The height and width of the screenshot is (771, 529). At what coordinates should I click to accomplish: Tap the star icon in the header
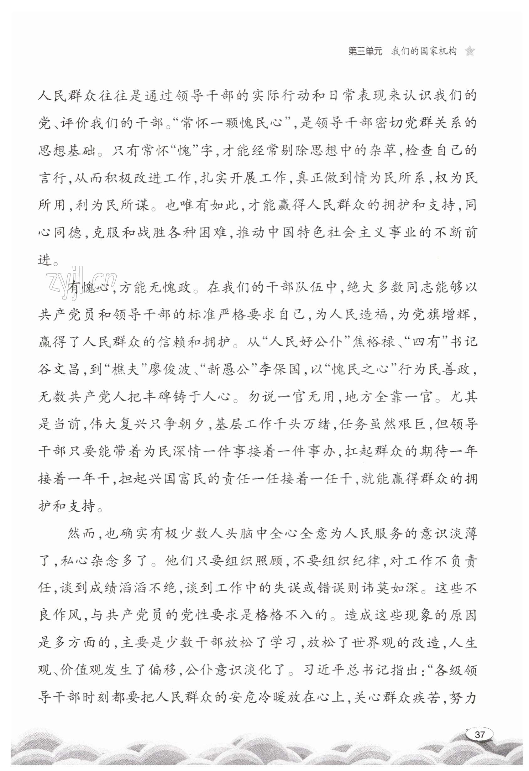469,51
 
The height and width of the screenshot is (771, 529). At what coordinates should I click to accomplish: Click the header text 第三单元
365,51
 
